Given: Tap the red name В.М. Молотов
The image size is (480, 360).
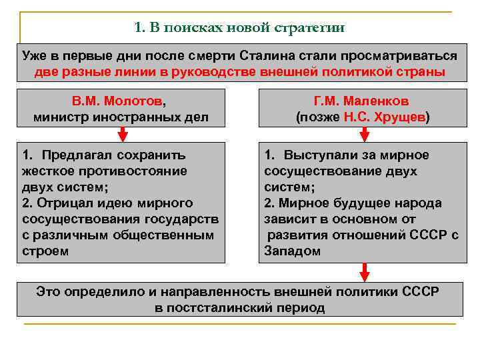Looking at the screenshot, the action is click(x=117, y=101).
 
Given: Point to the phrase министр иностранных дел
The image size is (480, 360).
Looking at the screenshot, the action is click(x=121, y=117).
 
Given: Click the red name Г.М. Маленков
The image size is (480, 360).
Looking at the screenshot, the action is click(x=362, y=101).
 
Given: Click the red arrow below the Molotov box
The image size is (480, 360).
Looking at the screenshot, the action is click(x=122, y=135).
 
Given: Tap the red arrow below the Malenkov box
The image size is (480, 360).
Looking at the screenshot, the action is click(x=364, y=135).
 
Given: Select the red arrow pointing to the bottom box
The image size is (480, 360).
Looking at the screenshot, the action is click(x=364, y=271).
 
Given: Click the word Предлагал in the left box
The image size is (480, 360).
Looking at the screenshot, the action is click(x=75, y=155).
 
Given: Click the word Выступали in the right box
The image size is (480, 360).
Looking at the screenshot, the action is click(x=318, y=155).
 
